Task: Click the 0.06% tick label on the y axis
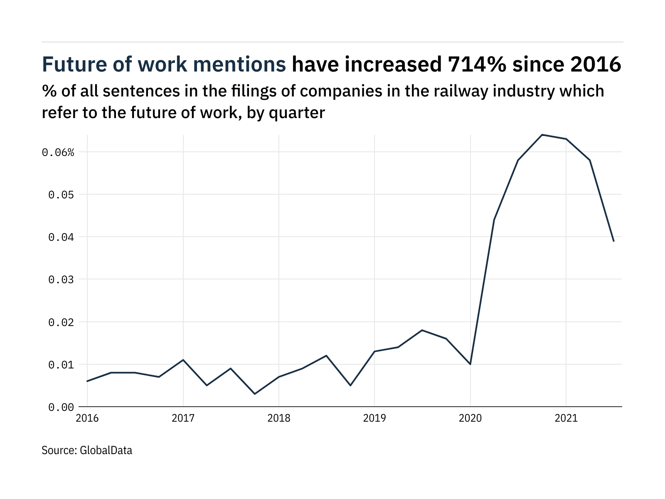(x=58, y=153)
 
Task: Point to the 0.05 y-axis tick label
(x=61, y=195)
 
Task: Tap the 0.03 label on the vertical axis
(x=61, y=280)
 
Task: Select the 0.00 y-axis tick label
(x=61, y=408)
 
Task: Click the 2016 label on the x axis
(x=87, y=418)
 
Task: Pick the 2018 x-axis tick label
(x=279, y=418)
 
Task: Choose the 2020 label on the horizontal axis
(x=470, y=418)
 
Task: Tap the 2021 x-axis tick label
(x=566, y=418)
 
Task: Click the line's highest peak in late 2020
(x=542, y=135)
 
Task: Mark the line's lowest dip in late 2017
(x=255, y=394)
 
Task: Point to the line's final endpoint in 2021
(x=613, y=241)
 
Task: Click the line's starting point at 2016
(x=87, y=381)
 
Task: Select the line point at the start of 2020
(x=470, y=364)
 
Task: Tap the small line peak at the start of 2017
(x=183, y=360)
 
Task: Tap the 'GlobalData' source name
(x=106, y=450)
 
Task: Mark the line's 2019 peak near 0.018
(x=422, y=330)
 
